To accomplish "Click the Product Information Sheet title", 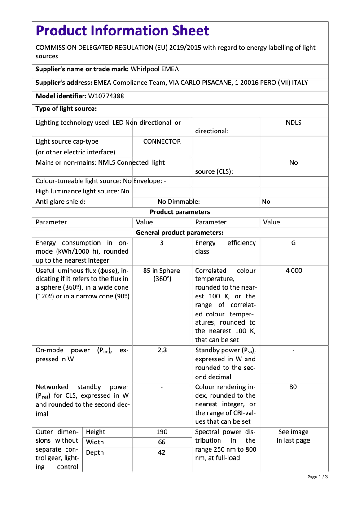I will tap(122, 31).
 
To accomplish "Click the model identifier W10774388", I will tap(106, 96).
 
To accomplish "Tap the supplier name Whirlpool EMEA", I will tap(155, 69).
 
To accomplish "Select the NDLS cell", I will tap(294, 123).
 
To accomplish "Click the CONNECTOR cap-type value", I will tap(162, 141).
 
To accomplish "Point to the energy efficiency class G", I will tap(294, 243).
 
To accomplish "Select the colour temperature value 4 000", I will tap(294, 271).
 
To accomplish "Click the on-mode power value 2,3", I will tap(162, 350).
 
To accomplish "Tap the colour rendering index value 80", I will tap(293, 387).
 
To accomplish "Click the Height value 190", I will tap(162, 432).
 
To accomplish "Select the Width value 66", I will tap(162, 442).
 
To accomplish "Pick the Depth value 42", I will tap(162, 452).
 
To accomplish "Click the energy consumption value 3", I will tap(162, 243).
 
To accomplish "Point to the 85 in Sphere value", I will tap(162, 275).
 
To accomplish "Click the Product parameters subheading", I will tap(180, 212).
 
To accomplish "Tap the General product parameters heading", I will tap(180, 233).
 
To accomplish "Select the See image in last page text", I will tap(293, 436).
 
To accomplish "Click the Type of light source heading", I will tap(66, 109).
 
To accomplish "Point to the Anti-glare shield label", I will tap(61, 202).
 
